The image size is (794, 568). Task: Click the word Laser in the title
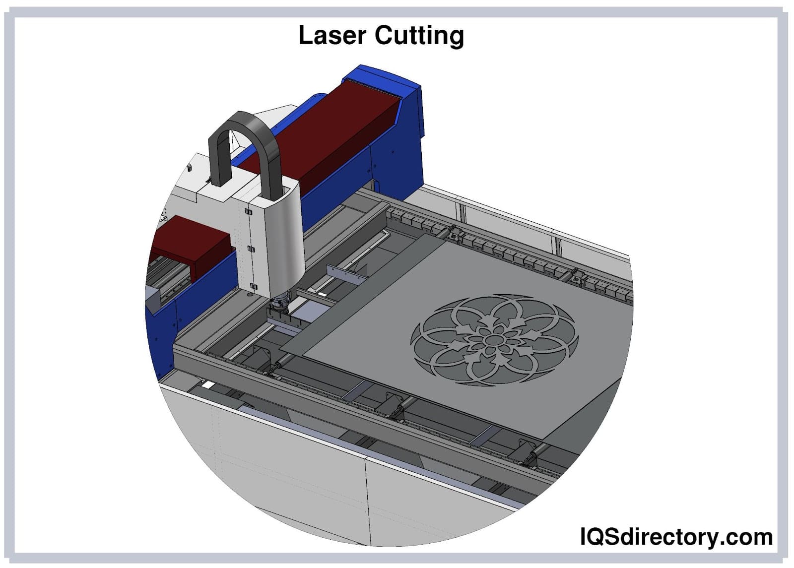tap(332, 35)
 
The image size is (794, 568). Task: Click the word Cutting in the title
tap(419, 36)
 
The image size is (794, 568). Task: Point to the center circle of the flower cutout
tap(495, 340)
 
